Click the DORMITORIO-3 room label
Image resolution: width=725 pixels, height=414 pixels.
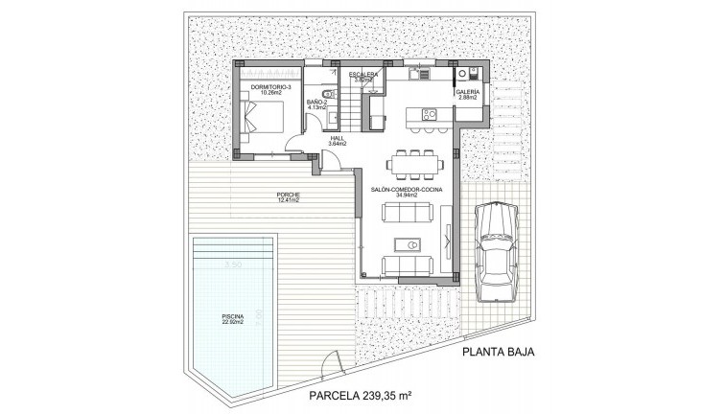pyautogui.click(x=269, y=89)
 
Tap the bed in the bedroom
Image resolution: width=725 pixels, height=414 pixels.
pyautogui.click(x=262, y=118)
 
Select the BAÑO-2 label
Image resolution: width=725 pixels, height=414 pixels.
pyautogui.click(x=317, y=103)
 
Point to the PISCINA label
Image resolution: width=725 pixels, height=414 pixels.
pyautogui.click(x=231, y=318)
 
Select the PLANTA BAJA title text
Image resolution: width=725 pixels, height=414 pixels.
pyautogui.click(x=498, y=352)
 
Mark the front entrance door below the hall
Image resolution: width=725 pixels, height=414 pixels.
pyautogui.click(x=329, y=163)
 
